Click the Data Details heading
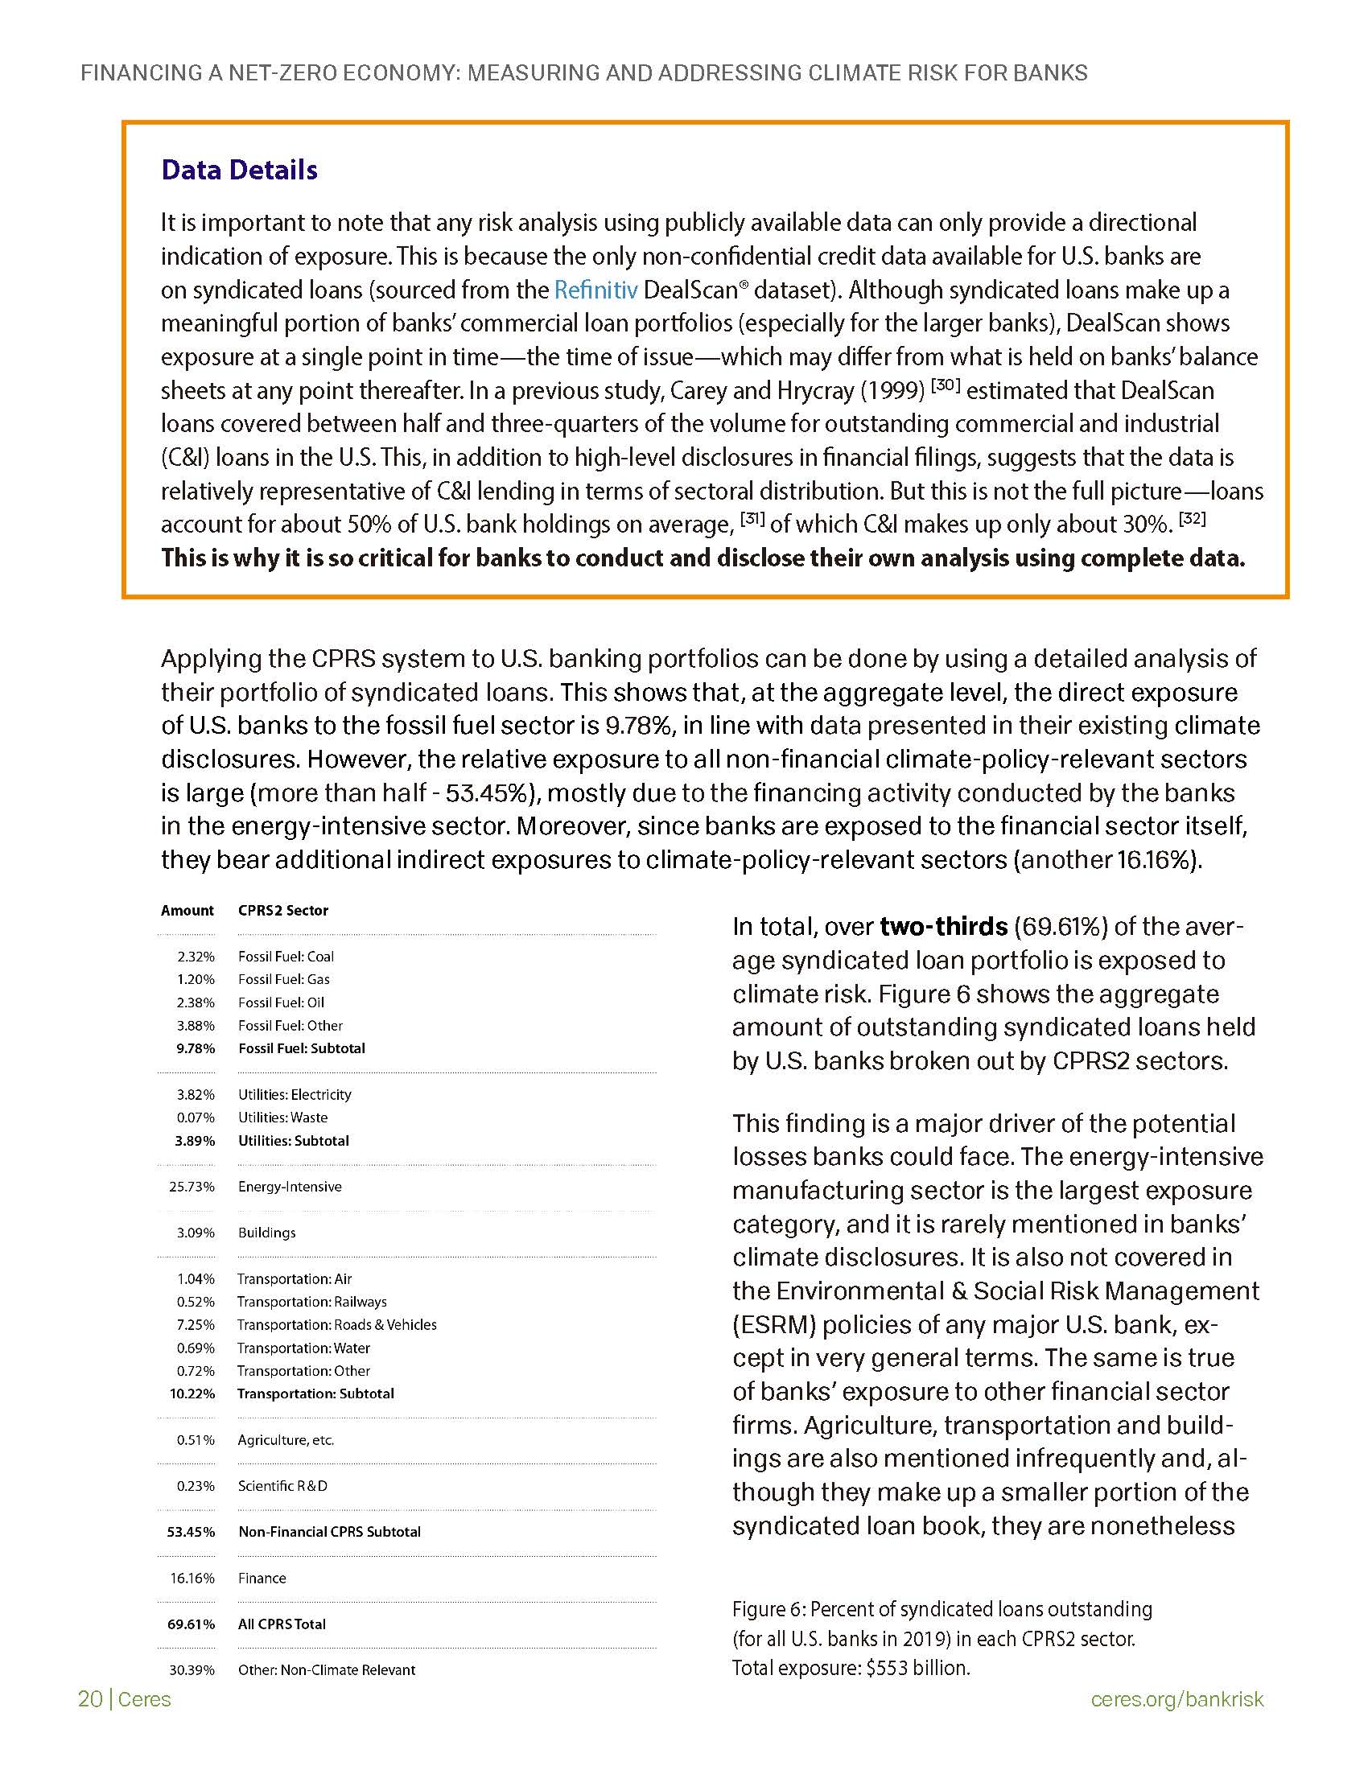[x=239, y=171]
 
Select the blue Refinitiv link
[x=595, y=290]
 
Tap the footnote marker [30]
[x=946, y=385]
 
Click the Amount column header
[x=187, y=910]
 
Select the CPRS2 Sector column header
[x=282, y=910]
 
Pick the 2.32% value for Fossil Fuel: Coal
[x=196, y=957]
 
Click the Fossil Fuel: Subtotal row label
[x=302, y=1048]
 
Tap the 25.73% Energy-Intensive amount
[x=192, y=1187]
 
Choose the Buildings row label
[x=266, y=1233]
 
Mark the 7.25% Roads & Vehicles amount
[x=196, y=1324]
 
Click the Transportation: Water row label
[x=304, y=1348]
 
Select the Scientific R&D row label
[x=282, y=1485]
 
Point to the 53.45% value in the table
[x=192, y=1532]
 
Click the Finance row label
[x=262, y=1578]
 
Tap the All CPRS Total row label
[x=282, y=1624]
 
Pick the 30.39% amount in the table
[x=192, y=1669]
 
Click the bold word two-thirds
[x=943, y=926]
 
